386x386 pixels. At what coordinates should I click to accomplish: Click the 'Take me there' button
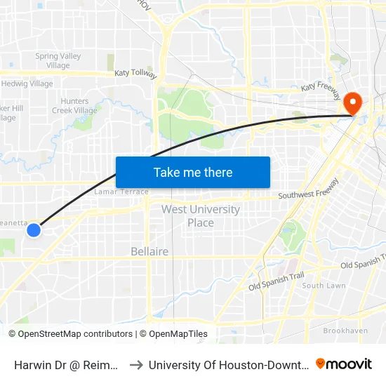click(193, 172)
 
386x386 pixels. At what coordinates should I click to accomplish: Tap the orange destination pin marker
click(353, 104)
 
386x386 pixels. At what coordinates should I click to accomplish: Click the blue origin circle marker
click(34, 229)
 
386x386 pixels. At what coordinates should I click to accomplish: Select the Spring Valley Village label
click(58, 61)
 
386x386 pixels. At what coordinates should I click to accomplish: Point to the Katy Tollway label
click(136, 74)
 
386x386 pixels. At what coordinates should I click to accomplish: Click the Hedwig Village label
click(27, 84)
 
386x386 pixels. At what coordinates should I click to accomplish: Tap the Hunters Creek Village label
click(74, 106)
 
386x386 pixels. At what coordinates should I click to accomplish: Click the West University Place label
click(201, 216)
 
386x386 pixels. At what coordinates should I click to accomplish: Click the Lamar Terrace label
click(121, 192)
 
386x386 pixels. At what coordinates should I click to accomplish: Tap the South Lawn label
click(324, 286)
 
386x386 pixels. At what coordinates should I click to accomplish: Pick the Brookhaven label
click(345, 330)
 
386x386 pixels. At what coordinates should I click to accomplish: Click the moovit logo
click(344, 364)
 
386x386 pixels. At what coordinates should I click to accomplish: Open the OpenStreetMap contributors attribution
click(74, 334)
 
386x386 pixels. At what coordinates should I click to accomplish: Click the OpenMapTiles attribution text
click(177, 334)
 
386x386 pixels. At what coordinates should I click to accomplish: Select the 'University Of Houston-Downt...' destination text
click(227, 364)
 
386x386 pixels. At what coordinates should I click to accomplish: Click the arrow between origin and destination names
click(136, 364)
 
